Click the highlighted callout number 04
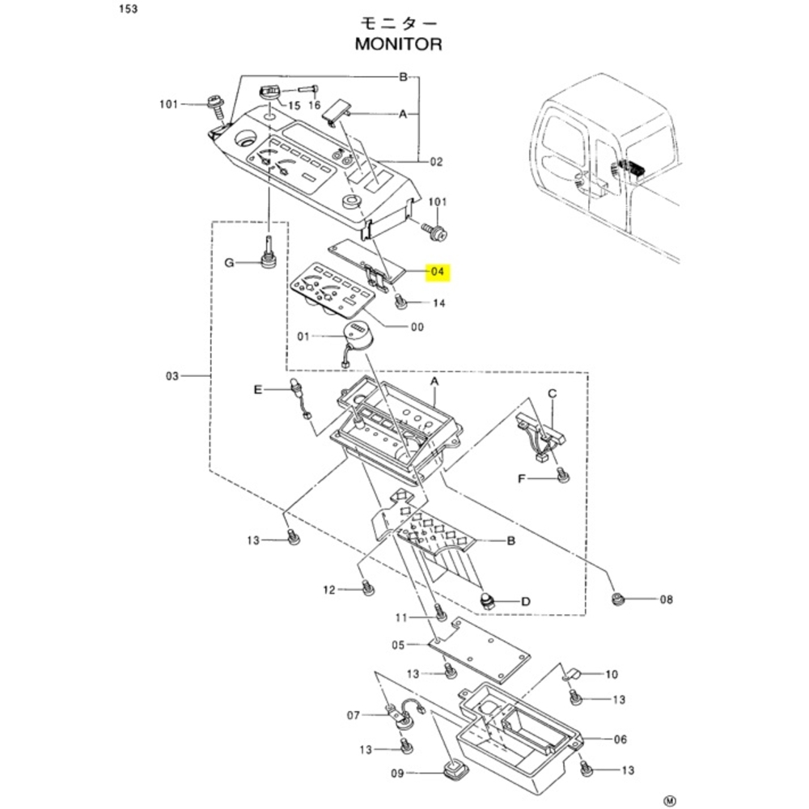pos(438,273)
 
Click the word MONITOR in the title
pos(399,44)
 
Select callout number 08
pos(666,599)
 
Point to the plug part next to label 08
pos(617,599)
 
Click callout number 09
pos(397,773)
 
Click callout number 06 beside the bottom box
pos(621,739)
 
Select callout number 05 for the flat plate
pos(397,645)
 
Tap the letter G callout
pos(229,262)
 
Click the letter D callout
pos(525,601)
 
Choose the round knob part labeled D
pos(487,601)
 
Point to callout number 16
pos(315,106)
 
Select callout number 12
pos(329,590)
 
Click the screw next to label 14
pos(399,303)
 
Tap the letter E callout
pos(258,390)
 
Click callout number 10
pos(612,673)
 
